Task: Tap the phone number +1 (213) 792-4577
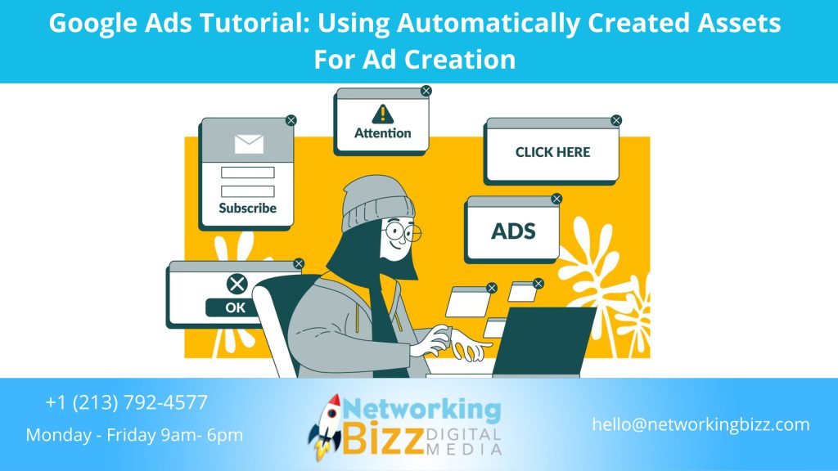coord(127,402)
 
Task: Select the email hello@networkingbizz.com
coord(701,424)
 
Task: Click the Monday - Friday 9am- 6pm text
coord(134,435)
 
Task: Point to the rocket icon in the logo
coord(324,425)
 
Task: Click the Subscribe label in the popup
coord(247,208)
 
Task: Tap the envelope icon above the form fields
coord(249,144)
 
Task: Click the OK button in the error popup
coord(236,307)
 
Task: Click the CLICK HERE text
coord(552,152)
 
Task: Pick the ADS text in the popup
coord(512,231)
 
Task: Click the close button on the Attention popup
coord(426,91)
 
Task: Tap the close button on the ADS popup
coord(556,199)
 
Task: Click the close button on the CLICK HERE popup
coord(616,120)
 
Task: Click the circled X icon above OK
coord(237,284)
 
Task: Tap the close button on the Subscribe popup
coord(291,120)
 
